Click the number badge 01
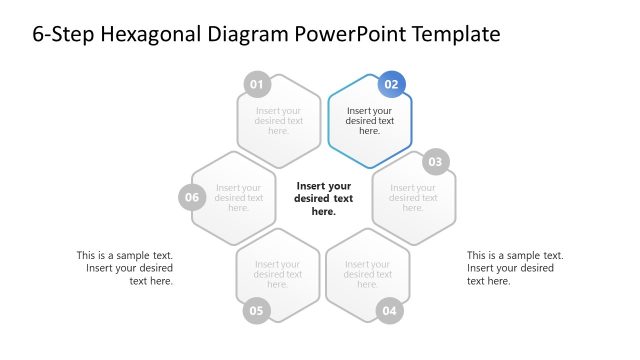pos(257,84)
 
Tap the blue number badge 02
pos(392,85)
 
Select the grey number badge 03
pos(435,162)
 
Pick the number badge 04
pos(390,311)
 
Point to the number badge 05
pos(257,311)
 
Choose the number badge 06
pos(193,197)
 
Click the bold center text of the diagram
pos(323,198)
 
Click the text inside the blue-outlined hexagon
pos(369,121)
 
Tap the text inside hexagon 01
pos(279,121)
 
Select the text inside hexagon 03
pos(413,197)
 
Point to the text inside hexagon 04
pos(368,274)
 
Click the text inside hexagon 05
pos(278,274)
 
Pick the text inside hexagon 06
pos(238,197)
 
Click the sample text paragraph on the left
pos(125,268)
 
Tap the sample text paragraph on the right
pos(514,268)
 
